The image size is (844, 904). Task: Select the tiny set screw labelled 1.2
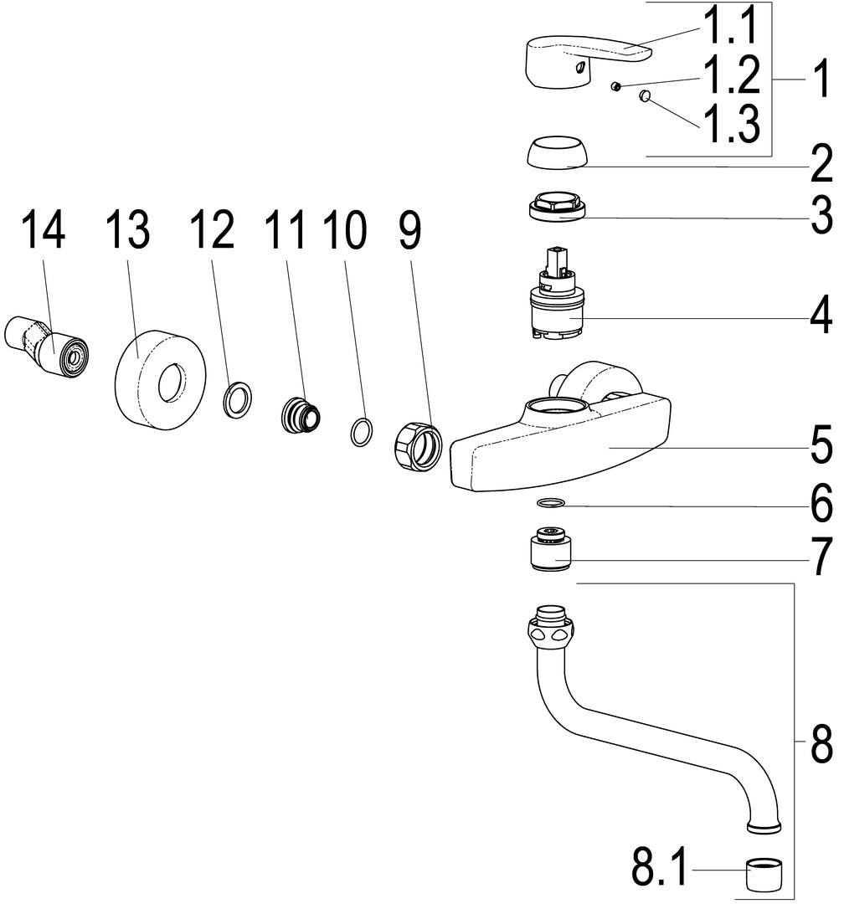point(615,86)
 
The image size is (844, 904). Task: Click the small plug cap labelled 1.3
point(645,97)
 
